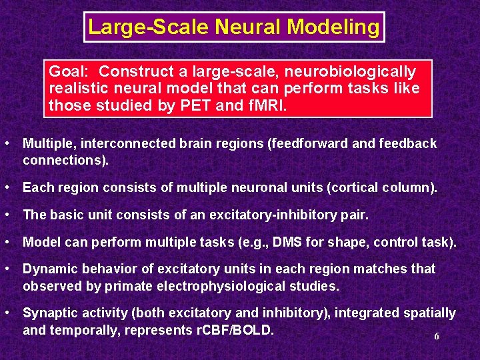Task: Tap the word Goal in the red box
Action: pos(69,72)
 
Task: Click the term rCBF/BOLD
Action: pos(229,330)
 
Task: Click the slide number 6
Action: pos(437,337)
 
